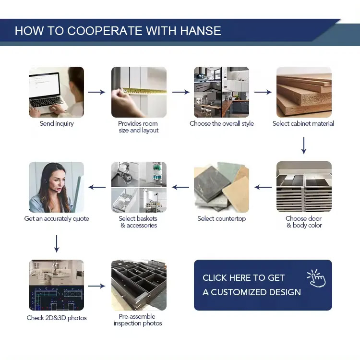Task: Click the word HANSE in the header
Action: point(201,31)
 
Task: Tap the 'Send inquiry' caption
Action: point(57,123)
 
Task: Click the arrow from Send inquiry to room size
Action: point(96,92)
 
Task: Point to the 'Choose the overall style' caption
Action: point(222,123)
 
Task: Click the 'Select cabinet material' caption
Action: point(303,123)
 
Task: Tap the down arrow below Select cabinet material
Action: point(304,145)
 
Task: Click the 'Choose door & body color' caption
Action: point(304,222)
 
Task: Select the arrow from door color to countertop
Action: point(263,187)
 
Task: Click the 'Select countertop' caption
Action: point(222,218)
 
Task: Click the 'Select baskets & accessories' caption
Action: point(138,222)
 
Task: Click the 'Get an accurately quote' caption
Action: point(57,218)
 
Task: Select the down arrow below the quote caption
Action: point(57,243)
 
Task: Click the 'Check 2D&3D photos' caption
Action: point(57,318)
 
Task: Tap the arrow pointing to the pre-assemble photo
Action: point(96,286)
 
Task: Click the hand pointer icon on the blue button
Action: point(316,278)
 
